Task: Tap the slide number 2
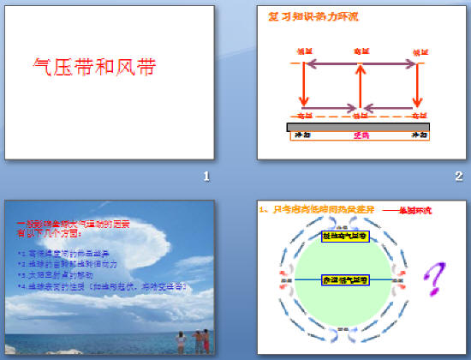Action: point(459,177)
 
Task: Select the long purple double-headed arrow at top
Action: point(359,62)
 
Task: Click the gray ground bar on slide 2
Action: point(359,127)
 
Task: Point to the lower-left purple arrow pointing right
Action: point(325,109)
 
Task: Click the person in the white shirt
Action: point(182,340)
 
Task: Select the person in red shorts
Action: point(200,342)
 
